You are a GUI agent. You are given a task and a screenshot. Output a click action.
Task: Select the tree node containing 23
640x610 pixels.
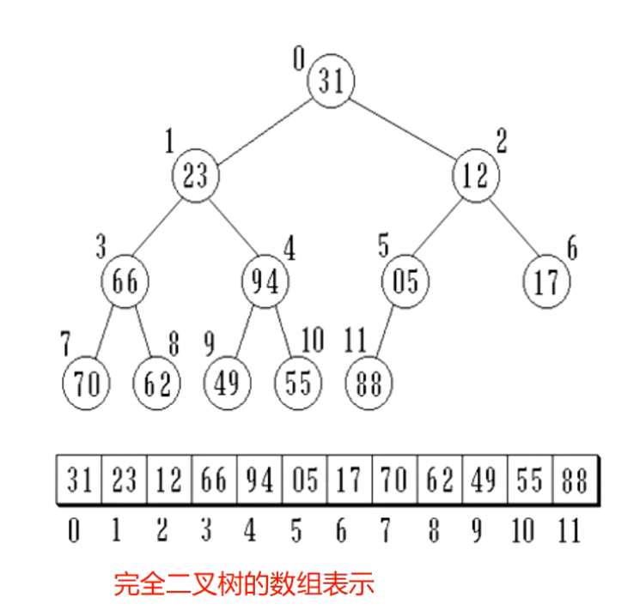tap(196, 176)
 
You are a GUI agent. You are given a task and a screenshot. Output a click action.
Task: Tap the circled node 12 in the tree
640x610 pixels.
tap(475, 176)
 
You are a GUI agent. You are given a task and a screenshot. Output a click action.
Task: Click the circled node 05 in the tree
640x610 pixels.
tap(405, 281)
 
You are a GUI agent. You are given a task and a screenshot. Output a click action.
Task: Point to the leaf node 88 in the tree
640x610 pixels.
tap(368, 383)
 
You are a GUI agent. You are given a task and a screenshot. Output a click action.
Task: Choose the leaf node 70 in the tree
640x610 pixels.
tap(86, 383)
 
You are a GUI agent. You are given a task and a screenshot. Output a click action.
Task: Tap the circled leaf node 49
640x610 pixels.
tap(227, 383)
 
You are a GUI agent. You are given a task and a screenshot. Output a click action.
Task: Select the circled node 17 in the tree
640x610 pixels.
tap(546, 281)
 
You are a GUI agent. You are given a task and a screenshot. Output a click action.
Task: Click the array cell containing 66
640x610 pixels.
tap(214, 481)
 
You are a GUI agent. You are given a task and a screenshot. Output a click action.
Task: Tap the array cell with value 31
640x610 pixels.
tap(80, 481)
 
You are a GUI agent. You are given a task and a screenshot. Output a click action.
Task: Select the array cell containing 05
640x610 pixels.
tap(304, 481)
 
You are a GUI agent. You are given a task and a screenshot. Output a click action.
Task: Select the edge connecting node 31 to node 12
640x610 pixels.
tap(404, 129)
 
